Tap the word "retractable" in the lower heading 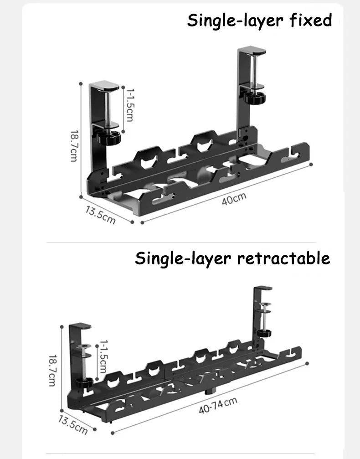point(283,258)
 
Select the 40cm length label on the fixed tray point(234,199)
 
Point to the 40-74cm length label point(218,406)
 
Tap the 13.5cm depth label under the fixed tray point(100,214)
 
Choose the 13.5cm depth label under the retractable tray point(73,423)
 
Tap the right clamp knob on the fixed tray point(253,97)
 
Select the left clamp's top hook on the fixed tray point(104,85)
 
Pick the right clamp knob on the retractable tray point(265,332)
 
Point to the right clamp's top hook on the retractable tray point(264,289)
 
